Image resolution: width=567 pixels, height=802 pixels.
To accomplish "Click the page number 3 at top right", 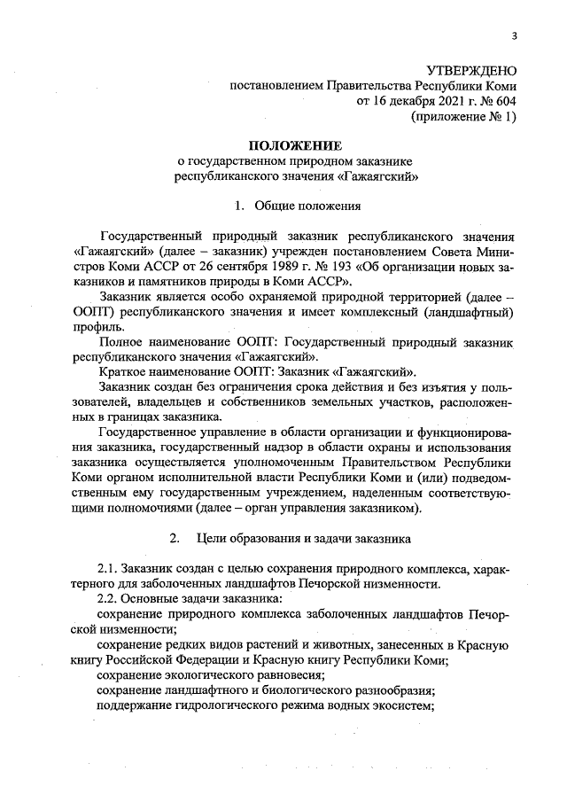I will pyautogui.click(x=513, y=35).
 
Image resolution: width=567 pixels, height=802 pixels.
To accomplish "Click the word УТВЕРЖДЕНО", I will pyautogui.click(x=470, y=70).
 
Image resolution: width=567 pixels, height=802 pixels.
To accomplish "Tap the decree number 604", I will pyautogui.click(x=504, y=101).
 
